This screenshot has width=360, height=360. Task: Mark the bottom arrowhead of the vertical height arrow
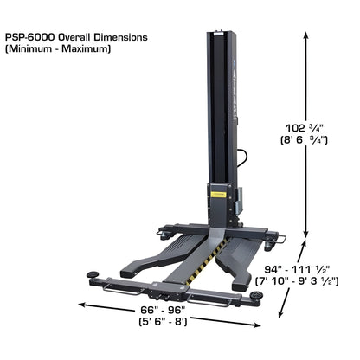pyautogui.click(x=306, y=234)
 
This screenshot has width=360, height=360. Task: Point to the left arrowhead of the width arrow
pyautogui.click(x=80, y=302)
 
